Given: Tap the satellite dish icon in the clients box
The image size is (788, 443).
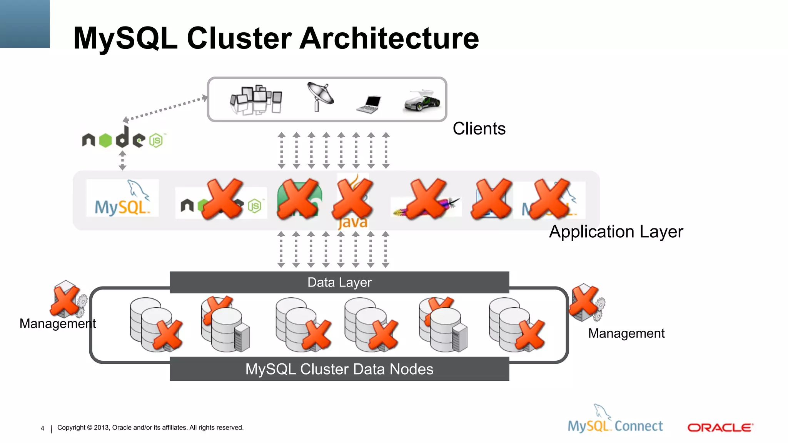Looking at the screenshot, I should click(320, 96).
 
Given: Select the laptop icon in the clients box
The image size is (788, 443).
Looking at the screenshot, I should click(369, 105).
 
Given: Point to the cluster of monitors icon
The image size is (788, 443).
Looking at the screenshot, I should click(256, 100).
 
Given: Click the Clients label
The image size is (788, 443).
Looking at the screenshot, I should click(479, 129).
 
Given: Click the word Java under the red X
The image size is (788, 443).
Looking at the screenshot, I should click(353, 223).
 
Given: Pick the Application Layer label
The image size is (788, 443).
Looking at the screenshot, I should click(616, 232).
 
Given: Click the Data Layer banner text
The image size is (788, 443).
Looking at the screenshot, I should click(339, 283).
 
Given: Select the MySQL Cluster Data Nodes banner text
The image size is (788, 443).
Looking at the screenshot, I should click(339, 369).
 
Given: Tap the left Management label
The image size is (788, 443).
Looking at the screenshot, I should click(57, 324).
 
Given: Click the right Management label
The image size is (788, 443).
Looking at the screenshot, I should click(626, 333).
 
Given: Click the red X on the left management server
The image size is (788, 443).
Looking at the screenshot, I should click(65, 301).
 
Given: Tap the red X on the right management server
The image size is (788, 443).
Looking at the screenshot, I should click(583, 301).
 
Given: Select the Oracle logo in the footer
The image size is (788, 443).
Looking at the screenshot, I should click(720, 428).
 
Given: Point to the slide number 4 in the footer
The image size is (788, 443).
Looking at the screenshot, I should click(42, 428).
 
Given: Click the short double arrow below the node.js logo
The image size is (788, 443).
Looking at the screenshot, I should click(122, 160).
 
